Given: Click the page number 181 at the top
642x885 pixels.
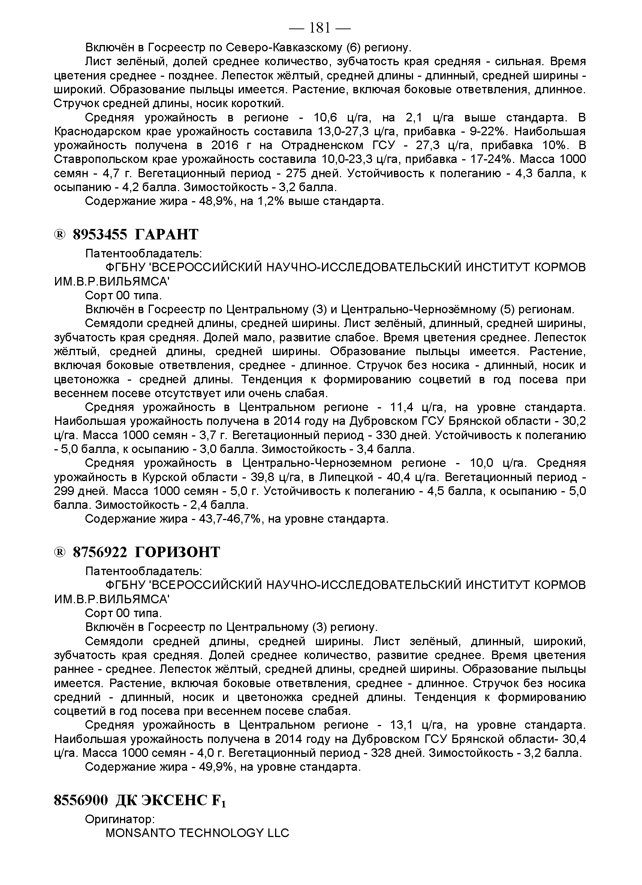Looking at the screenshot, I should coord(320,28).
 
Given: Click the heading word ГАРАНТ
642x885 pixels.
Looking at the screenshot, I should coord(167,235).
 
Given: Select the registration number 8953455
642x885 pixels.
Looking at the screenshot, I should coord(100,235).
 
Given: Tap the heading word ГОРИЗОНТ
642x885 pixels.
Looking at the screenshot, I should coord(178,553).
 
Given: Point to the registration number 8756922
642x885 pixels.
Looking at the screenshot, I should coord(100,553).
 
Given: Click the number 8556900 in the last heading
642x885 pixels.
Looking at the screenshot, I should coord(81,801).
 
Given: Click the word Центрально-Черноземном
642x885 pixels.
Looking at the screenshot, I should coord(317,463).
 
